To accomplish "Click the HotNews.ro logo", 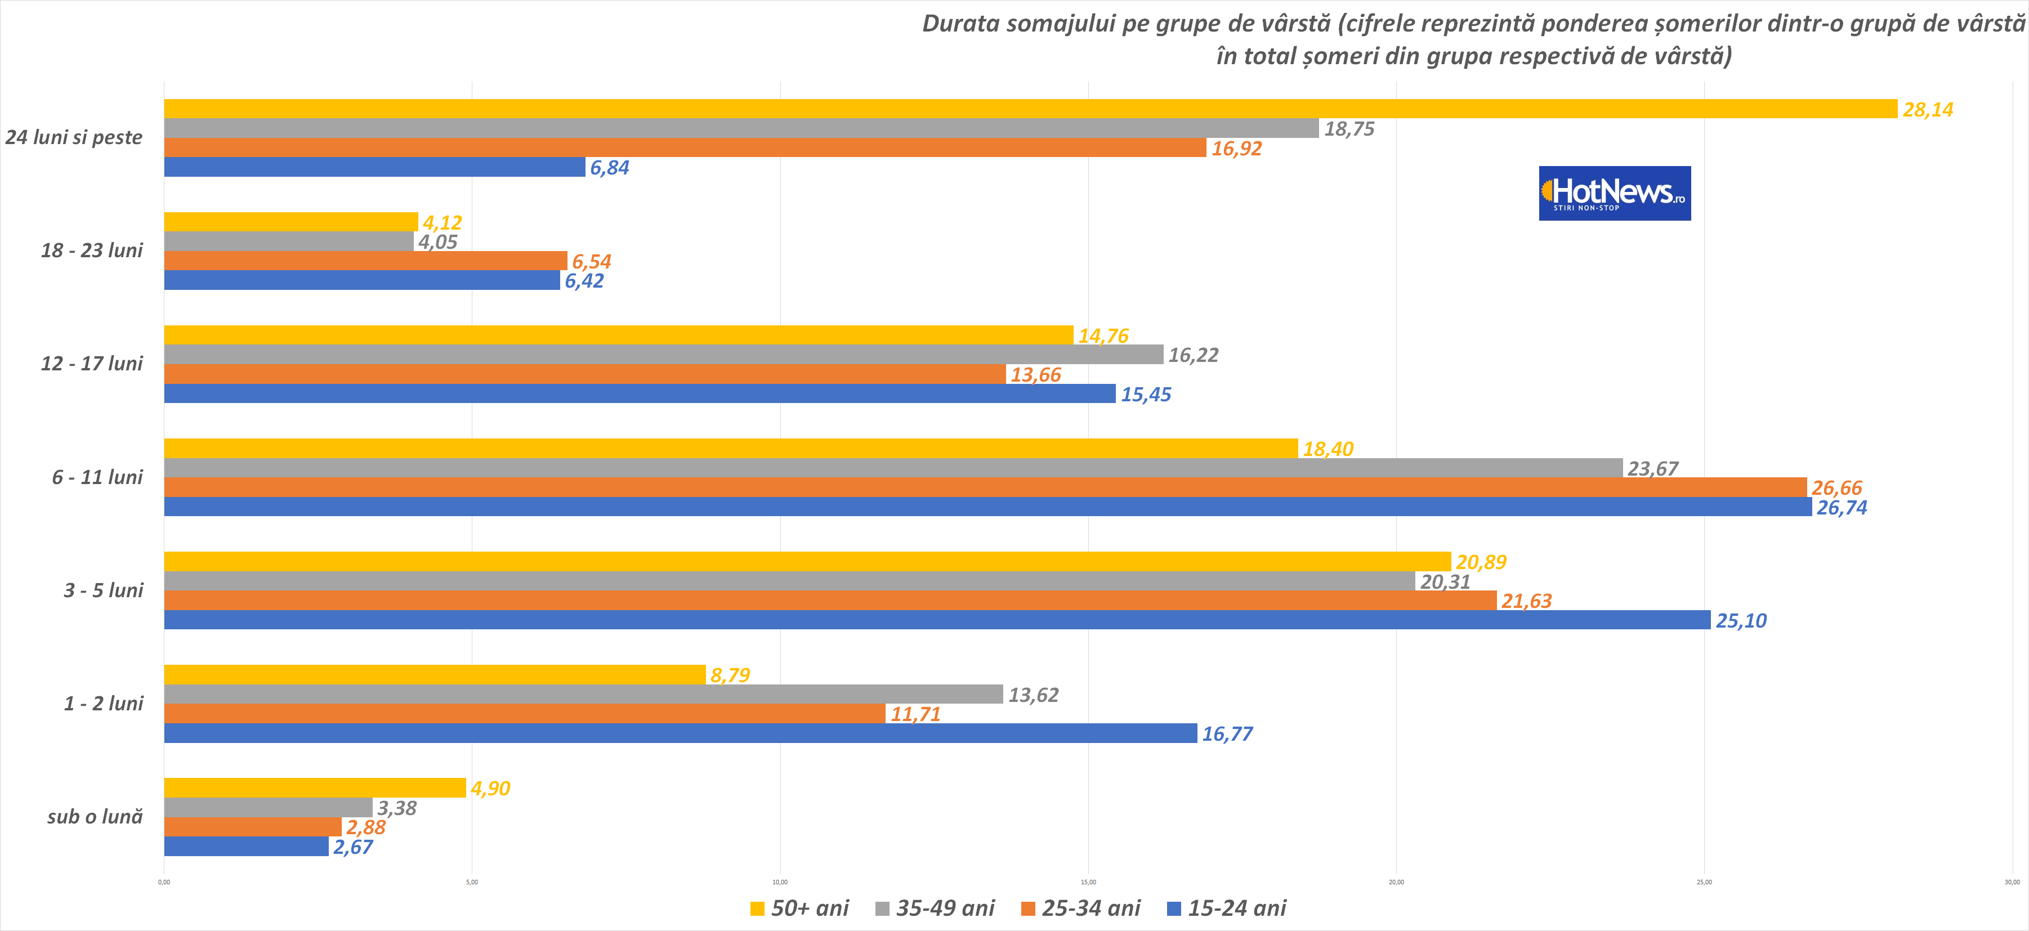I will [x=1614, y=193].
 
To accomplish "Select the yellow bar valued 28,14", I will [x=1030, y=109].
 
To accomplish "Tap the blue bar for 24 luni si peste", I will [x=374, y=167].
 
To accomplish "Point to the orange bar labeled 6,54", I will [x=365, y=261].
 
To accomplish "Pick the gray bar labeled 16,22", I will [x=663, y=355].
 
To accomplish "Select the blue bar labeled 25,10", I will [x=937, y=620].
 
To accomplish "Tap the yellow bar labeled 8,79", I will [x=435, y=675].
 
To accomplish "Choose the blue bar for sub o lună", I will [x=246, y=847].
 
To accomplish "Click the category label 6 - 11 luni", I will [x=97, y=477].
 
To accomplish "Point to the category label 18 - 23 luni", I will [x=92, y=250].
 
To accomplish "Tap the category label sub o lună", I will [x=95, y=817].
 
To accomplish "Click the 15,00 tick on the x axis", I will [x=1088, y=882].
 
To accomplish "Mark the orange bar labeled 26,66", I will [x=985, y=487].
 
